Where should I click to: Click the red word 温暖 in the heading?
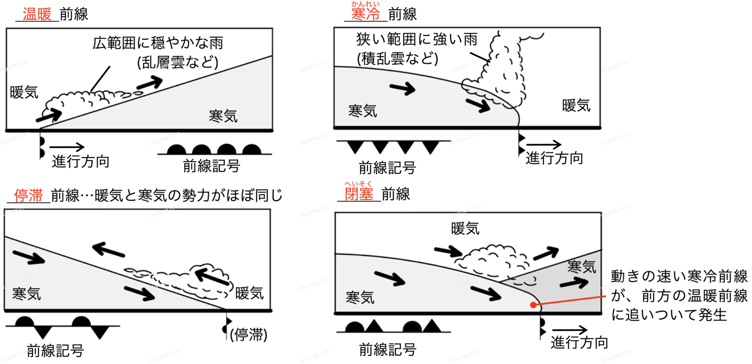point(37,14)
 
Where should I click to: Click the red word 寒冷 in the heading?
point(366,14)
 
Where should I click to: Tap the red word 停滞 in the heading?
point(28,195)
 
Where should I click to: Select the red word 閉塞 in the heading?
point(359,194)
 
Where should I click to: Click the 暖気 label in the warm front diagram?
point(24,92)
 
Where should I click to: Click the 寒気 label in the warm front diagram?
point(223,116)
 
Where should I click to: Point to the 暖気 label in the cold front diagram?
point(576,105)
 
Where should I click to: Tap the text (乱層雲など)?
point(178,62)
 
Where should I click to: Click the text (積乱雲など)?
point(397,59)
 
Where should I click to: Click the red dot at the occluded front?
point(534,305)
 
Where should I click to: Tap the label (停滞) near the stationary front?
point(249,335)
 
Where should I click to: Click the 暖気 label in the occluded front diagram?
point(465,229)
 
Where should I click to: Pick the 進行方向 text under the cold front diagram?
point(554,158)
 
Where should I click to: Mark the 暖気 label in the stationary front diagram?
point(249,293)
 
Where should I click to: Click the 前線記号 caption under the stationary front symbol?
point(55,351)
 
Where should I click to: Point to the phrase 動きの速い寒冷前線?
point(679,276)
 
